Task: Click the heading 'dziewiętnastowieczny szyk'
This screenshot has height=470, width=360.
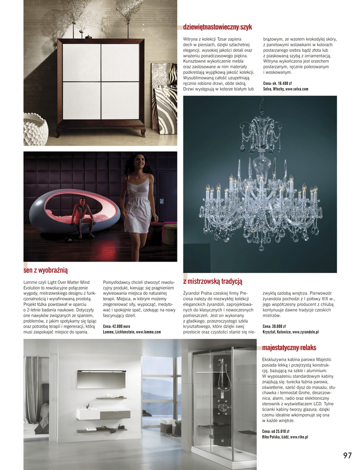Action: pyautogui.click(x=217, y=28)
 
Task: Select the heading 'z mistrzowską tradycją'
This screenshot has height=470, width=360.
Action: pyautogui.click(x=212, y=281)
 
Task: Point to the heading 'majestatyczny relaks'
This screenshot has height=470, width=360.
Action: pyautogui.click(x=289, y=347)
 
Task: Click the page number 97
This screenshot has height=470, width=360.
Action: pyautogui.click(x=347, y=455)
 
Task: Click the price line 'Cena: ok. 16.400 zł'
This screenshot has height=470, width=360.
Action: pyautogui.click(x=277, y=84)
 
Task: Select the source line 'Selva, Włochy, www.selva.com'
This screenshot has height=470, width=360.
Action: pyautogui.click(x=286, y=89)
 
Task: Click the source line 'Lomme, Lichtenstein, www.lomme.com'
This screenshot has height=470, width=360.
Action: pyautogui.click(x=132, y=331)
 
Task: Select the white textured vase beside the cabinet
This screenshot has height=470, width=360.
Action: pyautogui.click(x=35, y=129)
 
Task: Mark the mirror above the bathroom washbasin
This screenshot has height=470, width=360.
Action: pyautogui.click(x=101, y=379)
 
